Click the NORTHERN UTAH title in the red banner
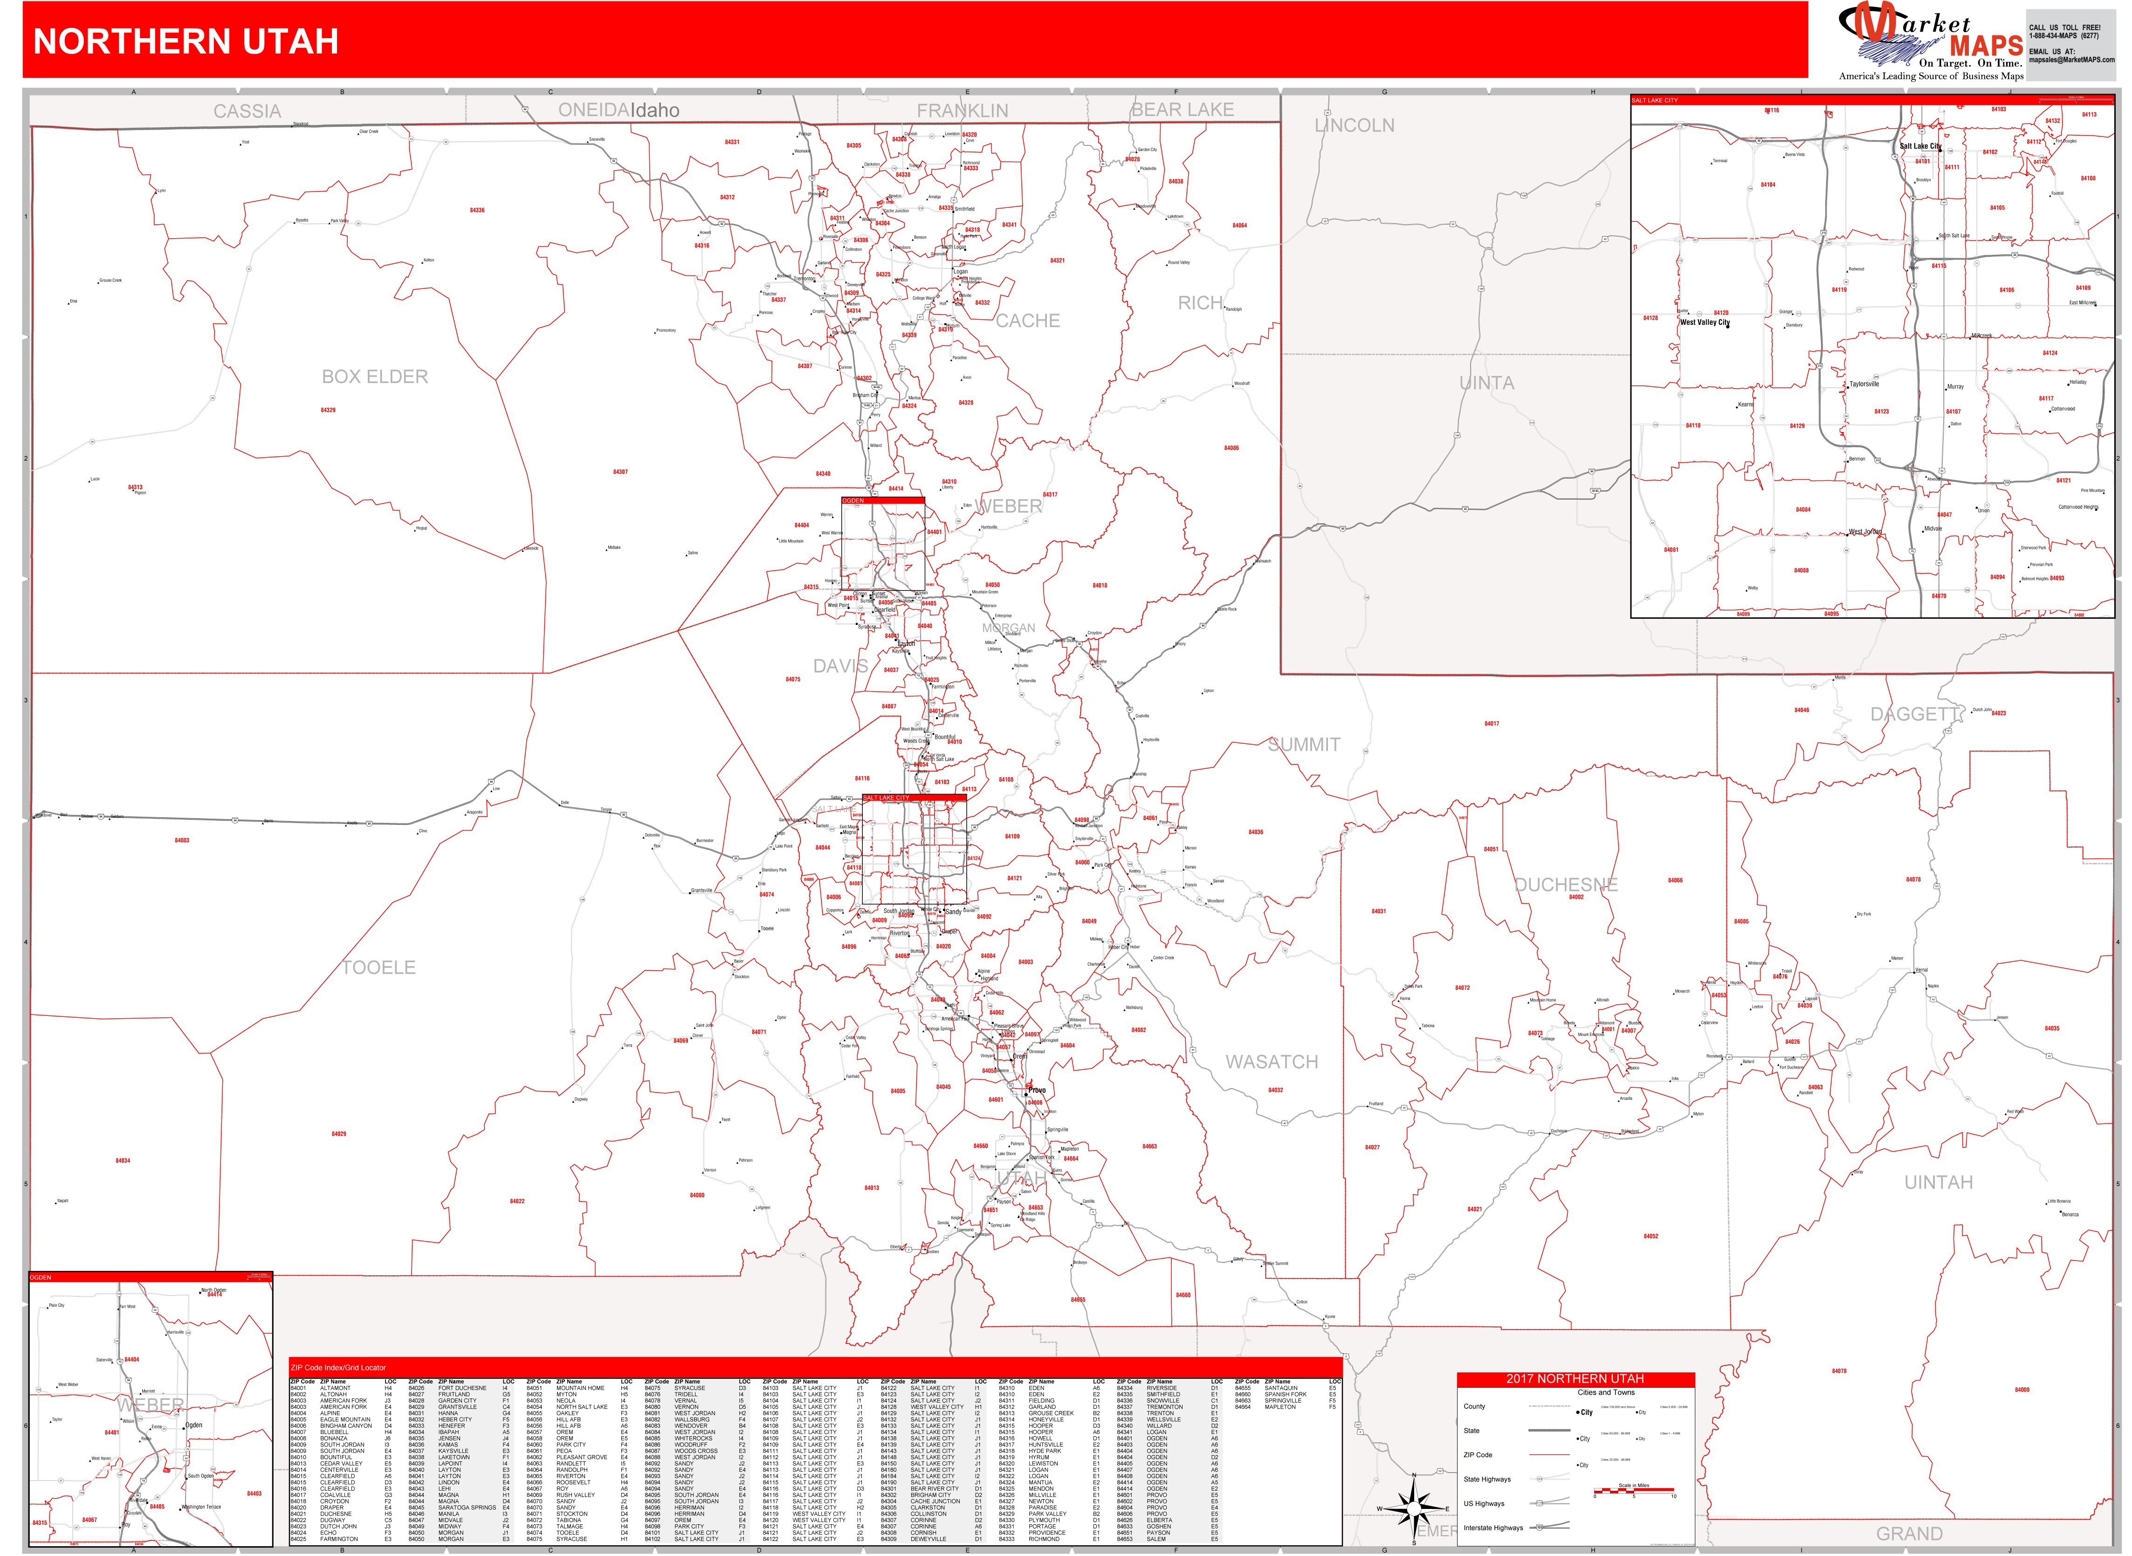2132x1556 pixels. coord(186,41)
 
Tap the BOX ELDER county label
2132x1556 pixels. coord(375,377)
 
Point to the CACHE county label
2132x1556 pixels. coord(1028,321)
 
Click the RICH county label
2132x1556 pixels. coord(1200,303)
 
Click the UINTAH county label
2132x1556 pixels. coord(1938,1182)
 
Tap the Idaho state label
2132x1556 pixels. coord(655,110)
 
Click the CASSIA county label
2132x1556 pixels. coord(247,111)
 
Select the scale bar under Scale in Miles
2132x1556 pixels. coord(1634,1493)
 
